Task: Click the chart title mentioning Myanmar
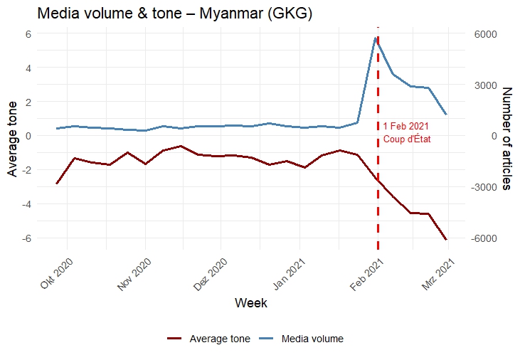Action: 174,14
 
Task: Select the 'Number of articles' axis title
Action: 506,138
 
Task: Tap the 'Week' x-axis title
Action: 251,303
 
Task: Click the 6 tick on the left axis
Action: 28,34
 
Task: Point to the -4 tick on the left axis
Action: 26,204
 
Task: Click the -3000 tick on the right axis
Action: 484,187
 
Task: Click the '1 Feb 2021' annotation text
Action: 405,127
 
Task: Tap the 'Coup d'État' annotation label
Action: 407,139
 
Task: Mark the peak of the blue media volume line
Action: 375,38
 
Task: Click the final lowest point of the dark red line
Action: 446,239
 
